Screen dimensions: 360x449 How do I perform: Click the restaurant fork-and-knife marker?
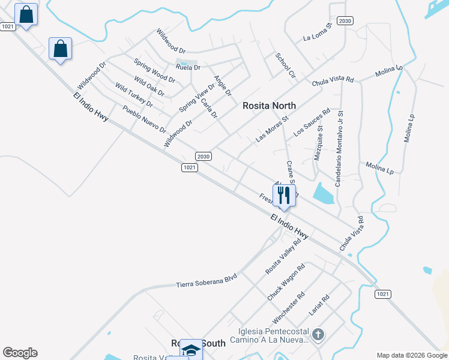[284, 195]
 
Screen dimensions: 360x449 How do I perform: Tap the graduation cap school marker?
[191, 350]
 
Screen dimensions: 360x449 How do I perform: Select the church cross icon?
[318, 335]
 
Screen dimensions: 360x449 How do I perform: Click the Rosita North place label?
[269, 106]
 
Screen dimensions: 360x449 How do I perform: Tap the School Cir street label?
[286, 65]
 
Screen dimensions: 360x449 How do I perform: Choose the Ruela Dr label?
[188, 67]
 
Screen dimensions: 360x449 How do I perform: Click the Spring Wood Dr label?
[154, 71]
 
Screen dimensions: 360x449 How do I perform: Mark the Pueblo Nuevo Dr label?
[144, 119]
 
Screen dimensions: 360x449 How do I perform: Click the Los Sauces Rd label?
[312, 122]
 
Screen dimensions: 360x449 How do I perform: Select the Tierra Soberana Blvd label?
[206, 280]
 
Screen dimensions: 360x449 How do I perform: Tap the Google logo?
[20, 353]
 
